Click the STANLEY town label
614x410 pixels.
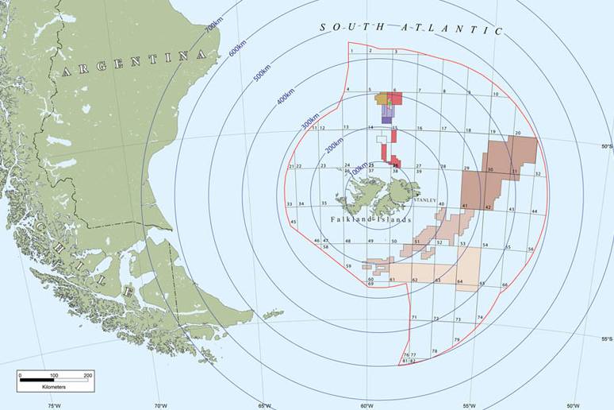[425, 201]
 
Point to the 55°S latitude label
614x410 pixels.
[606, 339]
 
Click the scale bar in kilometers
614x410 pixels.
[56, 381]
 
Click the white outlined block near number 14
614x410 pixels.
[382, 139]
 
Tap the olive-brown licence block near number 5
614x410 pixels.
[382, 98]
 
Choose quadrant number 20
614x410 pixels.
[517, 133]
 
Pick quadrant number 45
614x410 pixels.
[294, 222]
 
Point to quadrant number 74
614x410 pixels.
[480, 318]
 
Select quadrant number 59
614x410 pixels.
[347, 265]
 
